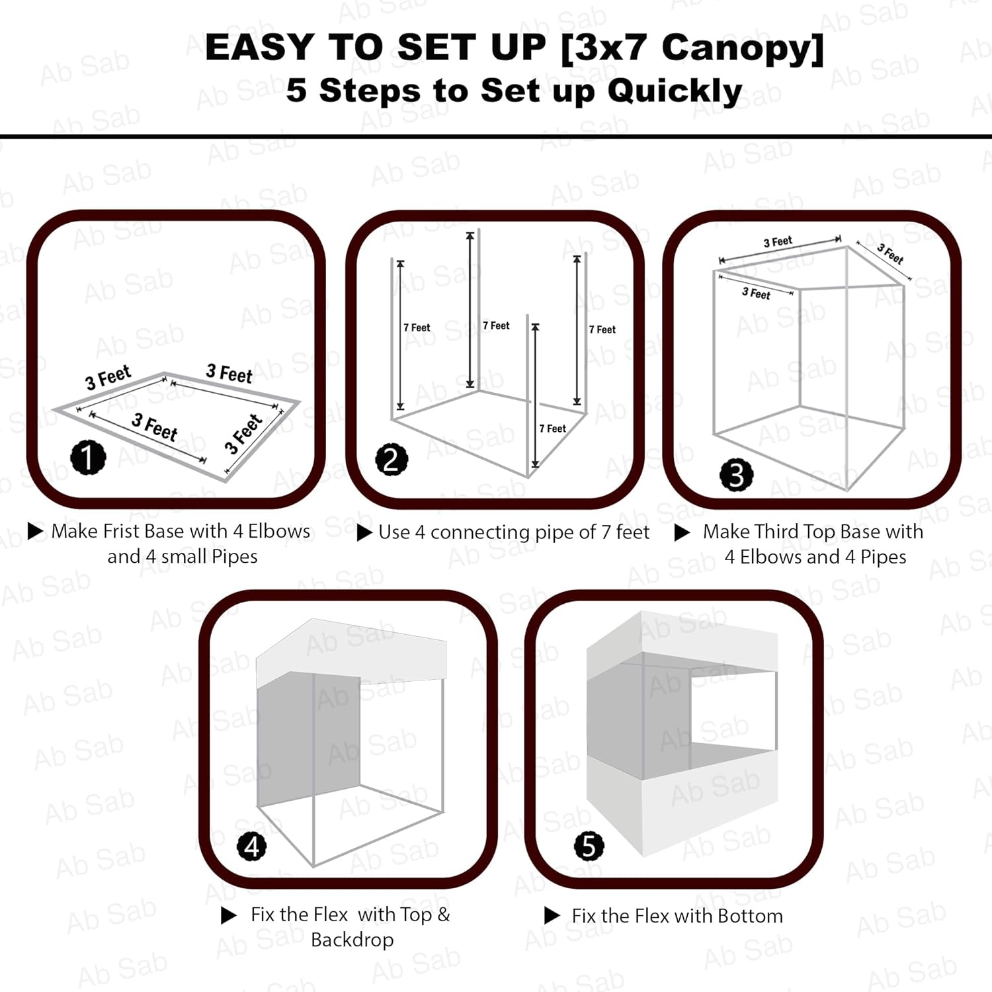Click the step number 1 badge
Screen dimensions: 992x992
tap(88, 457)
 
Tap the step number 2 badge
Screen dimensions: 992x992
tap(392, 460)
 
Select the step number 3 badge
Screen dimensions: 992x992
tap(736, 474)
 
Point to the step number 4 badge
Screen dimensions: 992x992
tap(252, 847)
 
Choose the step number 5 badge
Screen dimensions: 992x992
tap(589, 846)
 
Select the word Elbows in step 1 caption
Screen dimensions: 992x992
tap(279, 531)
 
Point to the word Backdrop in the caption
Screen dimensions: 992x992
tap(352, 940)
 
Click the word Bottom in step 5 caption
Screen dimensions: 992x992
tap(750, 916)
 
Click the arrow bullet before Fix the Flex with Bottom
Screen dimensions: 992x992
tap(552, 916)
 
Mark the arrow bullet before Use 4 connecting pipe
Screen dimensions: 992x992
tap(364, 533)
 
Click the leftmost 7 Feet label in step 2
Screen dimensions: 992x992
tap(417, 327)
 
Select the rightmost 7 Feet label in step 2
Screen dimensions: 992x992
tap(602, 329)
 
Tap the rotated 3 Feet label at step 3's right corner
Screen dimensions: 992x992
tap(890, 255)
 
